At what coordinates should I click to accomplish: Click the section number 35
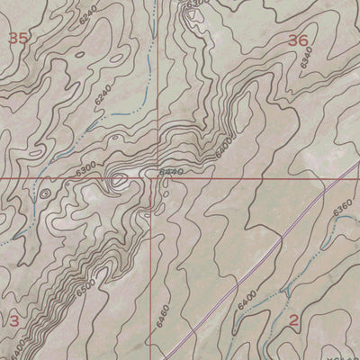[16, 38]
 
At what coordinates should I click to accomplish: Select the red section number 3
[13, 320]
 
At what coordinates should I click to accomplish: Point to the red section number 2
[294, 320]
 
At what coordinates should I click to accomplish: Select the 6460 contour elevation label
[162, 317]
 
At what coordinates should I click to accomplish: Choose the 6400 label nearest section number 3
[20, 342]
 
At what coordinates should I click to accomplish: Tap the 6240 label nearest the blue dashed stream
[103, 97]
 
